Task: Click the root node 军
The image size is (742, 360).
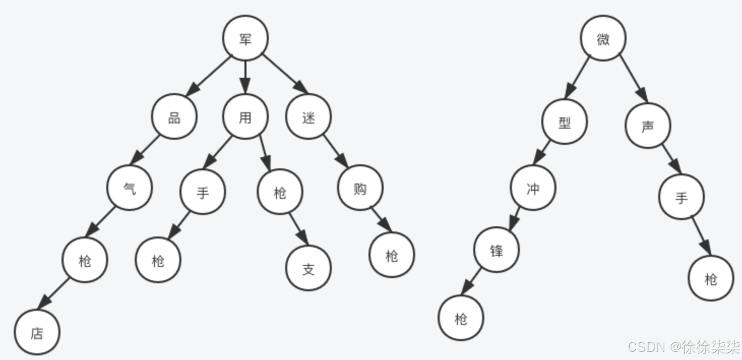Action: pos(245,38)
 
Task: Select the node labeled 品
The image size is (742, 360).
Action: pos(174,117)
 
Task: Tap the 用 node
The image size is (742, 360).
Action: pos(245,117)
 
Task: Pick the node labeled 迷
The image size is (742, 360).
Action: pos(308,117)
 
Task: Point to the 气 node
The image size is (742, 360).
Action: pos(130,188)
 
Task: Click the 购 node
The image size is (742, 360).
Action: pos(360,188)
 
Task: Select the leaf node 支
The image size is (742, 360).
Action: pos(308,268)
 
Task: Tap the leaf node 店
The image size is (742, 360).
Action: pos(37,333)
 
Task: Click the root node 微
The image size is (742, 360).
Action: pos(603,38)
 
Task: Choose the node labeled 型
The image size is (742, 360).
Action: pos(565,122)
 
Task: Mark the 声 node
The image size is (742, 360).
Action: pos(647,126)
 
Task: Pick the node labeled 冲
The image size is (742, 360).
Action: pos(533,188)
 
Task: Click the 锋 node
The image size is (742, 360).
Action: pos(497,250)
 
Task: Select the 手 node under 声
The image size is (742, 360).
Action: pos(682,197)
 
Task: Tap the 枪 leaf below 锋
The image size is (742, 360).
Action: pos(461,318)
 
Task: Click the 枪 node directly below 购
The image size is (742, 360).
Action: pos(392,255)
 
